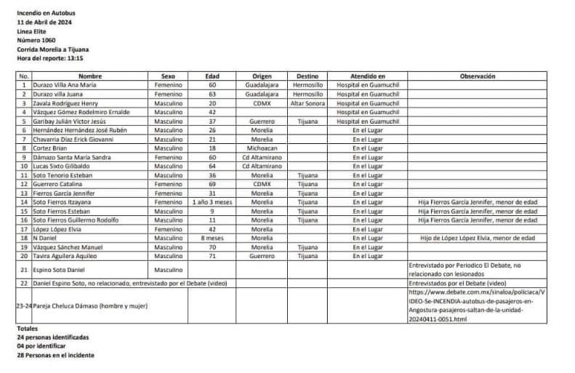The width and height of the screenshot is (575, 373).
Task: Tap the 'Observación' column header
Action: click(x=477, y=76)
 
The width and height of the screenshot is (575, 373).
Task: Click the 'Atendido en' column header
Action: click(x=367, y=76)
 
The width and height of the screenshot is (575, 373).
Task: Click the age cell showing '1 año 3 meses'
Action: click(x=212, y=202)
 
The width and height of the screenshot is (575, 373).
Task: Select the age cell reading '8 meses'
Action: click(x=212, y=238)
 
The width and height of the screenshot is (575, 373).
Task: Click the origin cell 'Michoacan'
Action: click(x=262, y=148)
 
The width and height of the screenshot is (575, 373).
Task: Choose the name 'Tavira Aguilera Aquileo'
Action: click(x=66, y=256)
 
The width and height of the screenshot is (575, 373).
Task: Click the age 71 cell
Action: click(x=212, y=256)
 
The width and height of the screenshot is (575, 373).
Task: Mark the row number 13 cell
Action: click(x=24, y=193)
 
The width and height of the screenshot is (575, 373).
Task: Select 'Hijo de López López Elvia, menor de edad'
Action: click(x=477, y=238)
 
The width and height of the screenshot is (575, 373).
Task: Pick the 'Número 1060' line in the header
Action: click(x=36, y=40)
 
